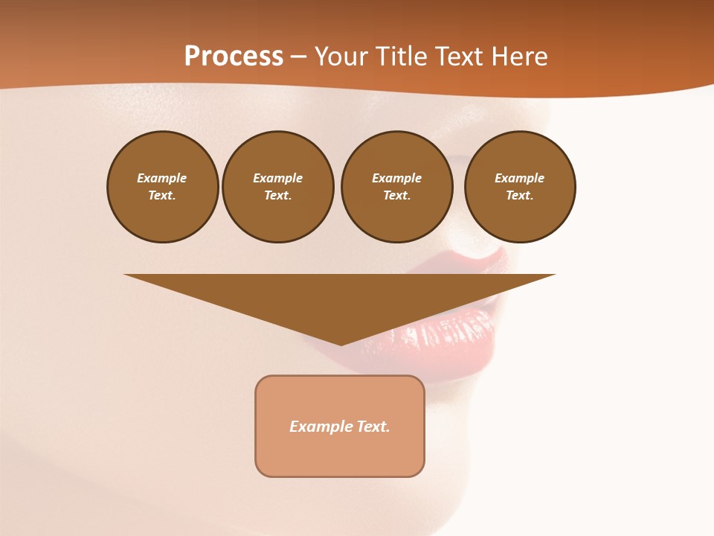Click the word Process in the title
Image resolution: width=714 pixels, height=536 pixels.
[x=234, y=57]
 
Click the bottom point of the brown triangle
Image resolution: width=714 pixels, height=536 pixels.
[x=341, y=344]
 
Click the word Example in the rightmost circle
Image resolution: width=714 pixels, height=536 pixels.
[x=520, y=178]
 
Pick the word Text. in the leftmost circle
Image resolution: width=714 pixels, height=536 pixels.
[x=162, y=196]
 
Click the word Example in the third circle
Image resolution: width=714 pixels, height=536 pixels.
[x=396, y=178]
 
